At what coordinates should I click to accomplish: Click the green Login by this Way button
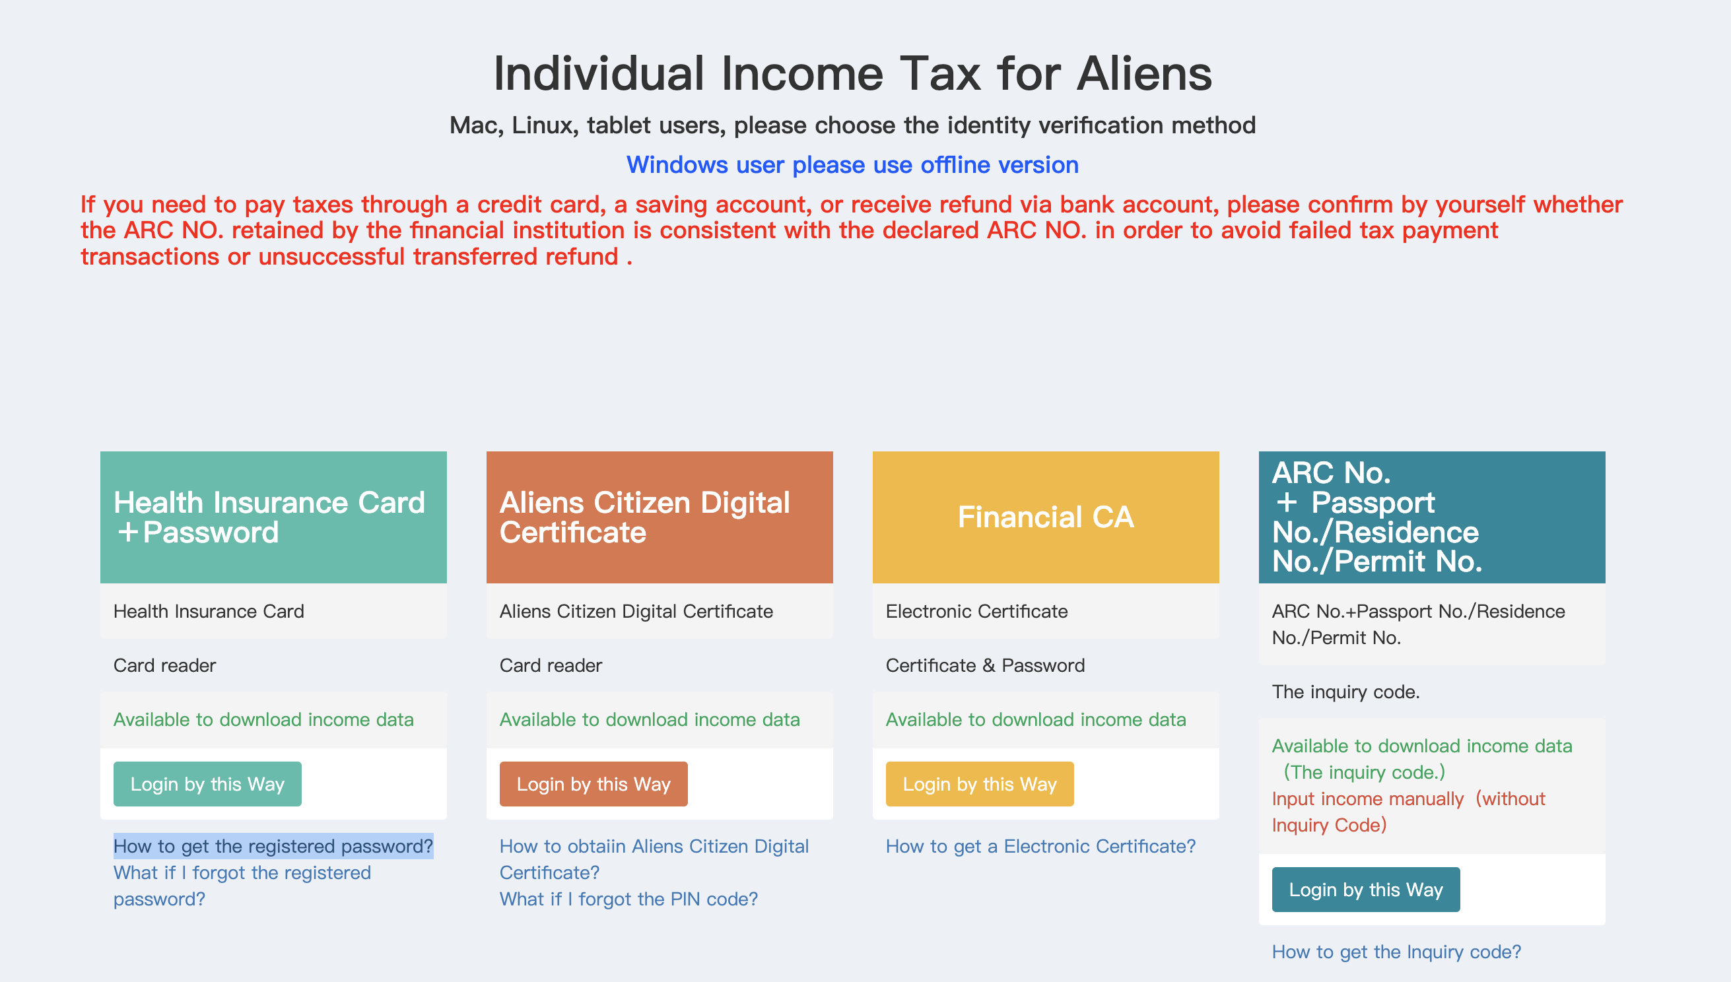click(207, 784)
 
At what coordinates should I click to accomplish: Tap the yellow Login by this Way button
click(980, 784)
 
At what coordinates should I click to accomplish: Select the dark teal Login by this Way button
click(1366, 890)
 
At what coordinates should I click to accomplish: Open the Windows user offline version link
click(853, 164)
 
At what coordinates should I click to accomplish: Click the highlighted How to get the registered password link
click(273, 846)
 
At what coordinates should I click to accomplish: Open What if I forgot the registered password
click(242, 886)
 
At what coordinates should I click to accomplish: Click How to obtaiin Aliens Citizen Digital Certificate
click(654, 859)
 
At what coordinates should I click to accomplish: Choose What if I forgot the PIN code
click(628, 899)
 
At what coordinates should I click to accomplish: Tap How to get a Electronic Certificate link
click(1041, 846)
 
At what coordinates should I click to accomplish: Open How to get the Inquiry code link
click(1396, 952)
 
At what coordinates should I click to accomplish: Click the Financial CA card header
click(1046, 517)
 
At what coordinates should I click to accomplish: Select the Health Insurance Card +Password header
click(273, 517)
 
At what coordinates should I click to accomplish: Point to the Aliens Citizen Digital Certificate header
click(660, 517)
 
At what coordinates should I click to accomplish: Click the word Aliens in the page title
click(1144, 73)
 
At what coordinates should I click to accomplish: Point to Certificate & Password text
click(985, 665)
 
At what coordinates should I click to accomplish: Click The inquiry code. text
click(1346, 692)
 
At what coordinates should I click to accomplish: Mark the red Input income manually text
click(1409, 811)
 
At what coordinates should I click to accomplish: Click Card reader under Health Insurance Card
click(164, 665)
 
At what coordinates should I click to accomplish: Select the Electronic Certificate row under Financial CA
click(1046, 611)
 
